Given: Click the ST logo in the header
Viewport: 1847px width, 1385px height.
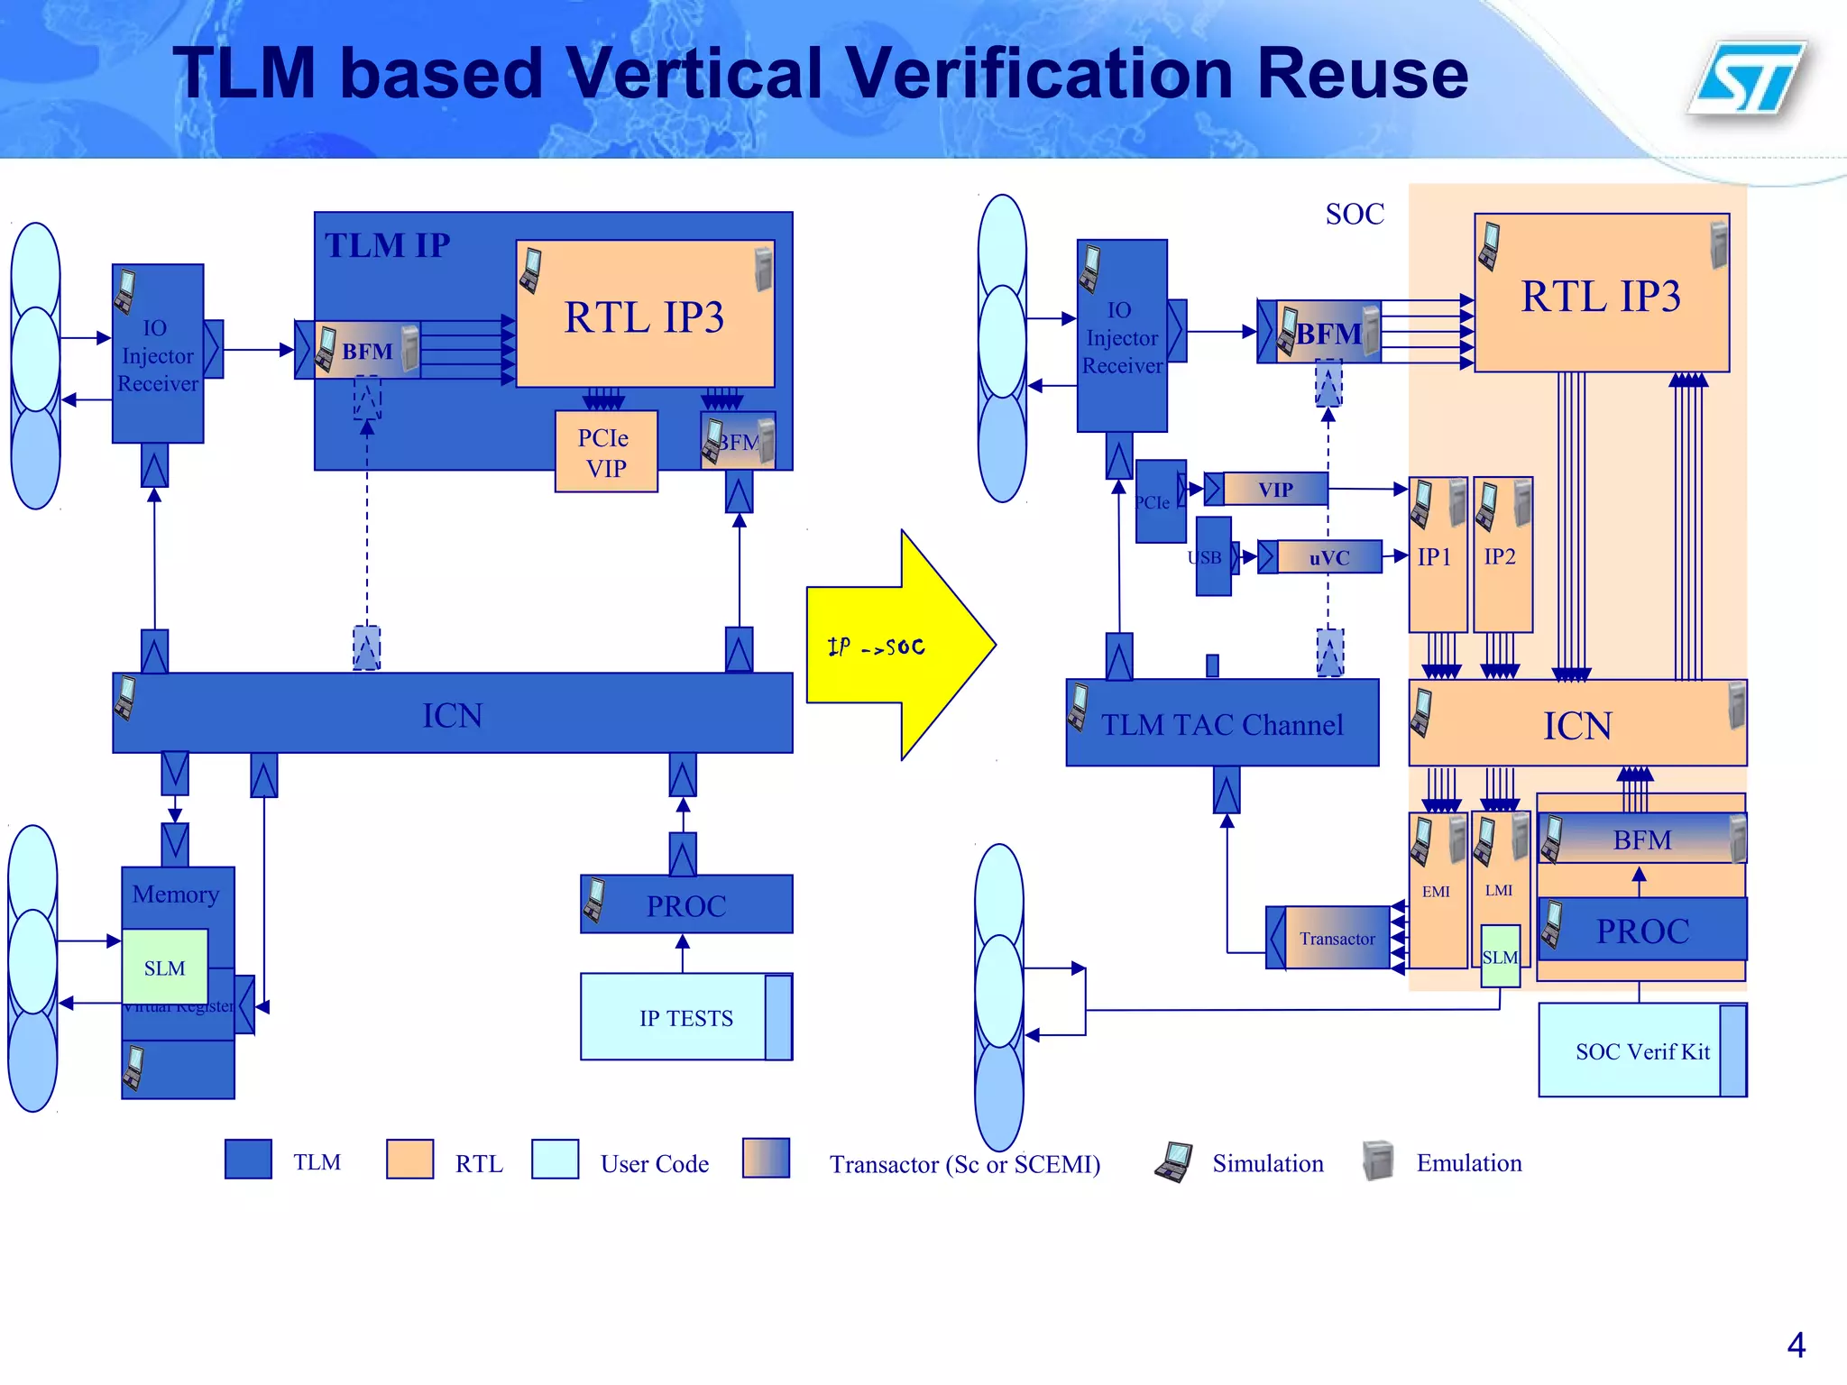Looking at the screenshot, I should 1748,79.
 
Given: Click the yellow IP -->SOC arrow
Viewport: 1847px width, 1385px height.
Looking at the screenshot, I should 893,646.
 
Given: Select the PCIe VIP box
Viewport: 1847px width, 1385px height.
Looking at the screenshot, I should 605,452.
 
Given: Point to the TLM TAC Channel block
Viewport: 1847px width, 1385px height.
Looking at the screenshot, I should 1221,724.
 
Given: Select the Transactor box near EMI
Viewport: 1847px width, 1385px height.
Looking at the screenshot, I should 1336,939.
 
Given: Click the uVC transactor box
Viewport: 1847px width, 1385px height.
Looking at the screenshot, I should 1328,557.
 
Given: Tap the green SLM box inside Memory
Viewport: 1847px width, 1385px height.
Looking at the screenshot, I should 164,968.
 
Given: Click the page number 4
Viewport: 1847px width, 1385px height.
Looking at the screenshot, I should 1795,1345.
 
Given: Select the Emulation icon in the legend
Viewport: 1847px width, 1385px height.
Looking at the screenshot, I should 1377,1160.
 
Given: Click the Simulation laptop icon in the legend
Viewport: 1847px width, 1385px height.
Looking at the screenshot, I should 1173,1161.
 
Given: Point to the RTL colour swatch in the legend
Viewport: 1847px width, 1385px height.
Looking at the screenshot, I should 409,1160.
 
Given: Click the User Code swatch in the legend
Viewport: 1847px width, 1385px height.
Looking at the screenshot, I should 555,1160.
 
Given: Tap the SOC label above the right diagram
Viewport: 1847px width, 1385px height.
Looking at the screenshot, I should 1354,214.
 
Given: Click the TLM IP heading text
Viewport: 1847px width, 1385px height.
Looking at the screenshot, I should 387,245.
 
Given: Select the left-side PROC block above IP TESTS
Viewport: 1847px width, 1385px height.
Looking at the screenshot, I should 686,904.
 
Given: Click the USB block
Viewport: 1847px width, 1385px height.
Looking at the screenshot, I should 1212,557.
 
